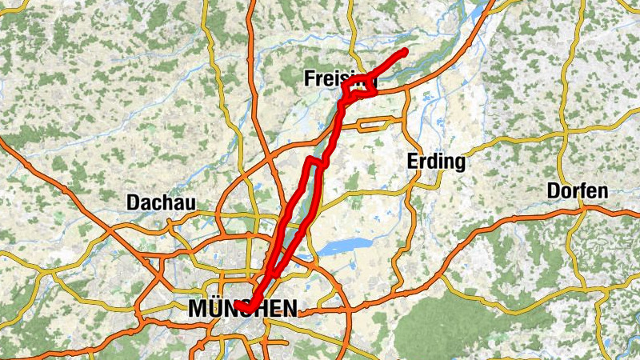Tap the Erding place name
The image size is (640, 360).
[436, 161]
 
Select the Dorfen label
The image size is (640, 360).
[578, 191]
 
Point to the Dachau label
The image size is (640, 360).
[161, 203]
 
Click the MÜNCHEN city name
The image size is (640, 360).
[242, 308]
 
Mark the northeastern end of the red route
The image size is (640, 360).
[405, 52]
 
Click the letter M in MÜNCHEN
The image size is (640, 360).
[198, 308]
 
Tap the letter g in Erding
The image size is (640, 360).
[458, 162]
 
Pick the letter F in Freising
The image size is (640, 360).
[310, 78]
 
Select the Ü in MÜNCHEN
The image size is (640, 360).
[216, 307]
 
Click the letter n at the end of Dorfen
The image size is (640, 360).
[603, 192]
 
